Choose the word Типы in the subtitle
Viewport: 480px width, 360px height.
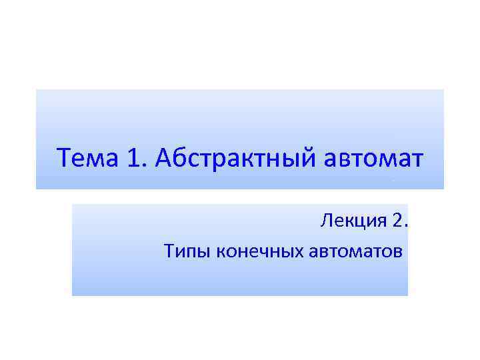pos(179,251)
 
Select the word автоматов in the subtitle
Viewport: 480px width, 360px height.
pos(356,251)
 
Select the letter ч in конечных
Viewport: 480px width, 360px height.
pos(264,251)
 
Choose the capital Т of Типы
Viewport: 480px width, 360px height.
pos(167,251)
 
